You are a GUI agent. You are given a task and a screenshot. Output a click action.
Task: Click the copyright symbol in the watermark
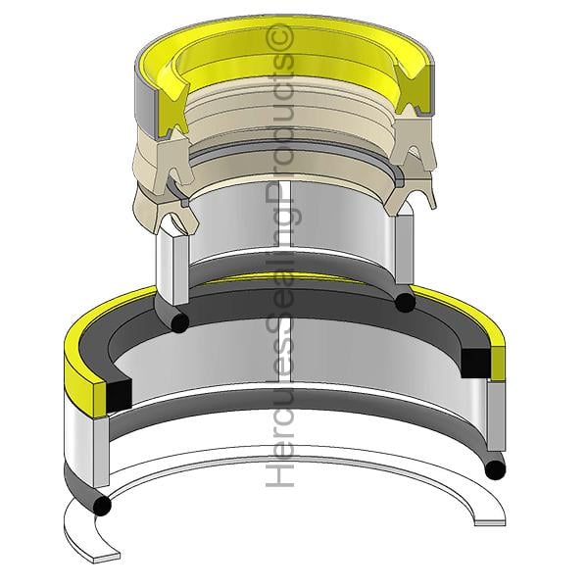click(279, 38)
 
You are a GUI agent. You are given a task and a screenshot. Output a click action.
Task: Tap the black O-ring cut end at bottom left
click(102, 506)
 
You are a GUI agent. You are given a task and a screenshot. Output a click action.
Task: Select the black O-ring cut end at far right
click(495, 469)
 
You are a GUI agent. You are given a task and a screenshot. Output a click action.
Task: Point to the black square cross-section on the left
click(120, 395)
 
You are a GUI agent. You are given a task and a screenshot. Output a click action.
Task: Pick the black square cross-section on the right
click(475, 363)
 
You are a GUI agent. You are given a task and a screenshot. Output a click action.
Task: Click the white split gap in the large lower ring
click(285, 350)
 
